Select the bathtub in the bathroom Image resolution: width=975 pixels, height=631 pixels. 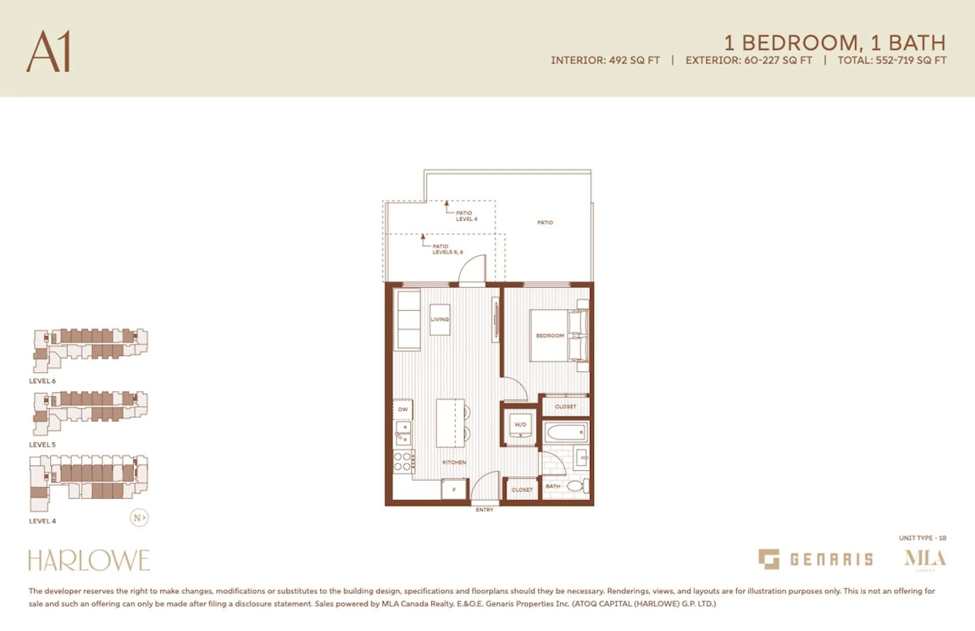[565, 432]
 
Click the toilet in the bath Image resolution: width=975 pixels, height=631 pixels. [577, 486]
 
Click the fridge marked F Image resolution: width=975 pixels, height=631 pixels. [454, 490]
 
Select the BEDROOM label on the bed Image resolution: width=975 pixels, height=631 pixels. [550, 336]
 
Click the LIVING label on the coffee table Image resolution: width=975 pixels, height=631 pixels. [440, 319]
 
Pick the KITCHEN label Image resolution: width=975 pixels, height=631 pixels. [454, 462]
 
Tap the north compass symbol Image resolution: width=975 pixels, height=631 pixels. [139, 517]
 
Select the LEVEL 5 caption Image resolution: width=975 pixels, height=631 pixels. [42, 445]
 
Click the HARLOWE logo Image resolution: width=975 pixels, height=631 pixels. [89, 560]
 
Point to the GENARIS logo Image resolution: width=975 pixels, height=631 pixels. [815, 559]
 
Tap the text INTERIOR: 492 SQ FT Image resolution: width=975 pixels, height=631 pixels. [605, 60]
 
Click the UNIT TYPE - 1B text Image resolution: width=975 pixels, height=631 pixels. [922, 538]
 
